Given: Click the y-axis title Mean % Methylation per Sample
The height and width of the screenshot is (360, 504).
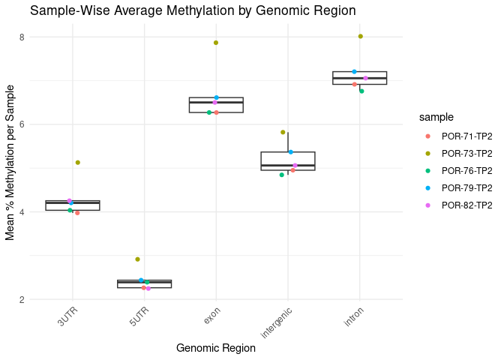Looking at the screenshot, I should (x=10, y=167).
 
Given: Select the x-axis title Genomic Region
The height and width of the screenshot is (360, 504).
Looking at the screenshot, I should (x=215, y=348).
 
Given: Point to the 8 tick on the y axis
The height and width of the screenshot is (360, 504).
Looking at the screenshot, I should (x=22, y=37).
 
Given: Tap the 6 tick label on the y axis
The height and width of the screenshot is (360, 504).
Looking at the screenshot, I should (x=22, y=124).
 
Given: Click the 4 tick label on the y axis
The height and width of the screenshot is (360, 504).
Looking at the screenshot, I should (x=22, y=212).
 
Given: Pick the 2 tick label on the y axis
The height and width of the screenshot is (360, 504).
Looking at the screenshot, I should (x=22, y=300).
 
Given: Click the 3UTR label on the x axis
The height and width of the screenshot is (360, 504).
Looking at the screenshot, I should (x=69, y=316).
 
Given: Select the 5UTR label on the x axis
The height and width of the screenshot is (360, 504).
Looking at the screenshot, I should (x=141, y=316).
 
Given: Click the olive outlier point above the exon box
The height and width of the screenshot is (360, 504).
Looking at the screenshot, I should (x=216, y=43).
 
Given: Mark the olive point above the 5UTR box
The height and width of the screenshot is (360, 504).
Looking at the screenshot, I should (x=137, y=259).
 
